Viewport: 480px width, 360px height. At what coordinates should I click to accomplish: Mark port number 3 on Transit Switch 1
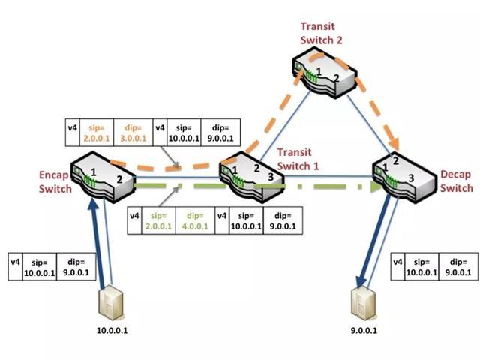point(269,176)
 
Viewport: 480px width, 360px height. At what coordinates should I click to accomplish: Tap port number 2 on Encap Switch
point(118,181)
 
